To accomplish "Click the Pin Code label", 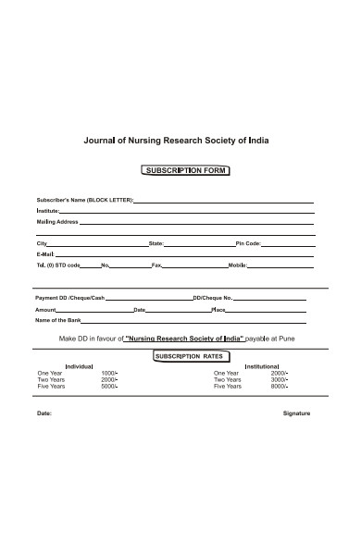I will [248, 243].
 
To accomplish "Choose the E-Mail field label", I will [45, 253].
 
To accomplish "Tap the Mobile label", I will [237, 265].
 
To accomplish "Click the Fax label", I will [156, 265].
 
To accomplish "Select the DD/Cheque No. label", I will [212, 298].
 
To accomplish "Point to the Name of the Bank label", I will [57, 320].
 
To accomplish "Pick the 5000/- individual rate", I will [109, 387].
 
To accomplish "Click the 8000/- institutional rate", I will [279, 387].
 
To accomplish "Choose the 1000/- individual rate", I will [109, 373].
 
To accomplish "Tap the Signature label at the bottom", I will [296, 413].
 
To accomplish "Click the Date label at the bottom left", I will [44, 413].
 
